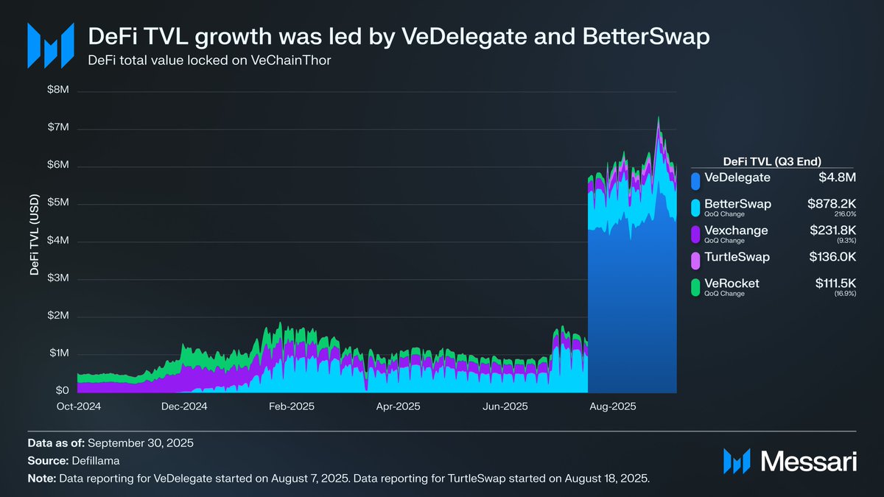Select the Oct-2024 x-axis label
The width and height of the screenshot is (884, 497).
tap(79, 406)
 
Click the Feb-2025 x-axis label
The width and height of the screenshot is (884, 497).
tap(291, 406)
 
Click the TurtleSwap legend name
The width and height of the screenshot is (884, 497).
tap(737, 257)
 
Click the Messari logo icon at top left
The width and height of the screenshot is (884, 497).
tap(50, 46)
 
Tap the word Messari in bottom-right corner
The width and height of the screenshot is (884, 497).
tap(808, 461)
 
